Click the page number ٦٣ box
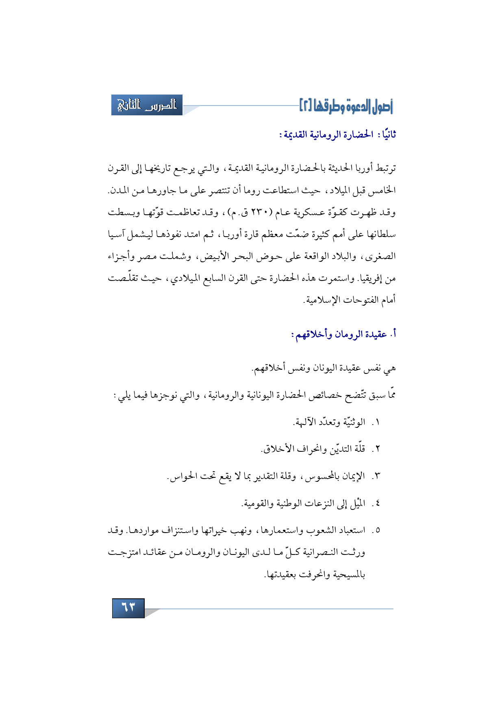(128, 608)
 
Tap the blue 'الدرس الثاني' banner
(147, 105)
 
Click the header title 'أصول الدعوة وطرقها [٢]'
(346, 106)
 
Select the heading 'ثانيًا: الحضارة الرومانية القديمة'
(337, 134)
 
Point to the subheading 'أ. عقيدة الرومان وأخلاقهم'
(343, 334)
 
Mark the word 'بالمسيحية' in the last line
(349, 575)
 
